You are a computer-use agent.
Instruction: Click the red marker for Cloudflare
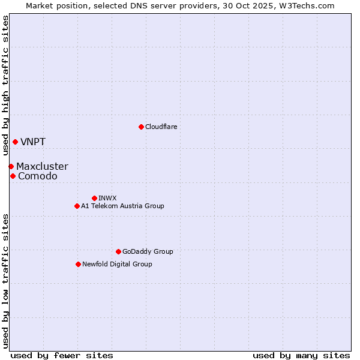[141, 127]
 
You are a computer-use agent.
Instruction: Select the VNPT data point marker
[15, 142]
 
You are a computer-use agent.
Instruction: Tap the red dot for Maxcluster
[11, 166]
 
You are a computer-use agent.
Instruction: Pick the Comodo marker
[13, 176]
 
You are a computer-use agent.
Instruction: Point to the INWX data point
[94, 198]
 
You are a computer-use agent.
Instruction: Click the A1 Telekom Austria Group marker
[77, 206]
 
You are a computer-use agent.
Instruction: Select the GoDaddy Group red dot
[118, 251]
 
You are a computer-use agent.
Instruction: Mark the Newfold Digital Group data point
[78, 264]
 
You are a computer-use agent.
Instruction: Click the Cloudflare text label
[161, 127]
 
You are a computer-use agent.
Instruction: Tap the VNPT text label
[33, 142]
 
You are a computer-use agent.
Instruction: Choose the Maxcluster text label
[42, 167]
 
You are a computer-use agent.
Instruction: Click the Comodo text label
[38, 176]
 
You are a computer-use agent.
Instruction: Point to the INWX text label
[107, 198]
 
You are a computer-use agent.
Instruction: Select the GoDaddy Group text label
[148, 251]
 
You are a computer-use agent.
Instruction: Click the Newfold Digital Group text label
[117, 264]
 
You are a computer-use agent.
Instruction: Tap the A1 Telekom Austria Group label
[122, 206]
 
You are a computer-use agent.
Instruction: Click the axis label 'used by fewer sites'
[62, 355]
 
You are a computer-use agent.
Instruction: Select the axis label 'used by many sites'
[301, 355]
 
